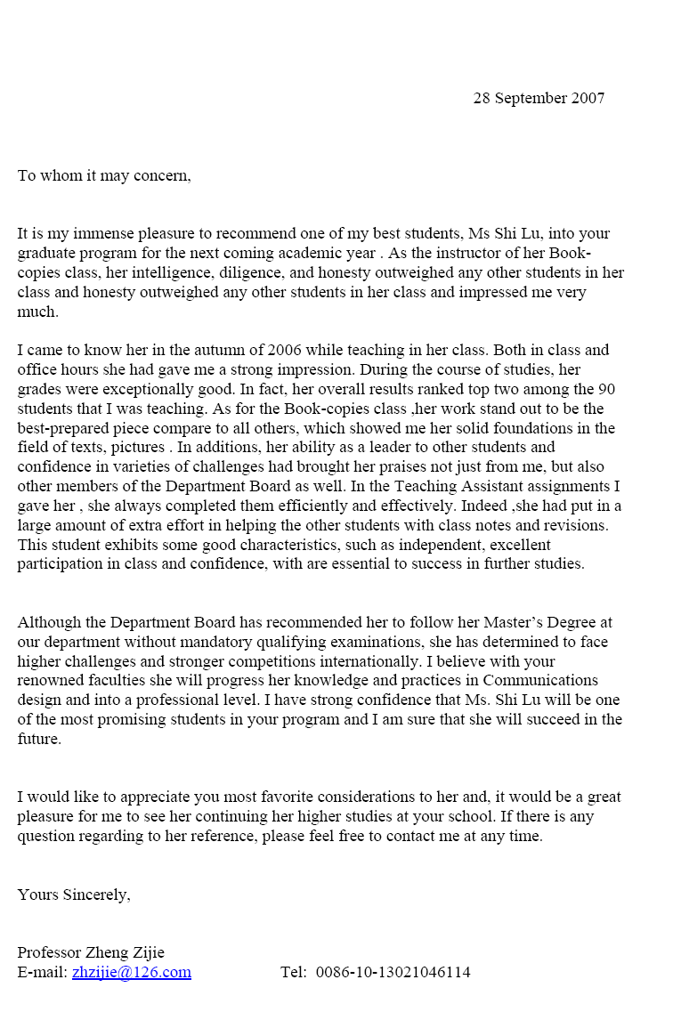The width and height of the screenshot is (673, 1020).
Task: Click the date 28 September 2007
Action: coord(539,99)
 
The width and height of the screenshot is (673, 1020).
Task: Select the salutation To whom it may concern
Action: coord(104,175)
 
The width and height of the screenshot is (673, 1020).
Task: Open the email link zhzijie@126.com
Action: coord(132,972)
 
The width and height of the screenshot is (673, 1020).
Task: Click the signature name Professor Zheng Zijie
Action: coord(91,952)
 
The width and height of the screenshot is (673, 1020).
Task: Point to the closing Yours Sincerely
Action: coord(74,895)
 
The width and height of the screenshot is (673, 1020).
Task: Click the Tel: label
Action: coord(293,972)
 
